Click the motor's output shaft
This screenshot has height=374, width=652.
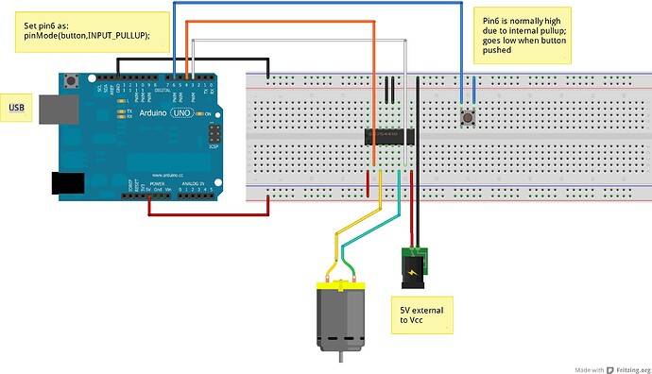339,360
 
